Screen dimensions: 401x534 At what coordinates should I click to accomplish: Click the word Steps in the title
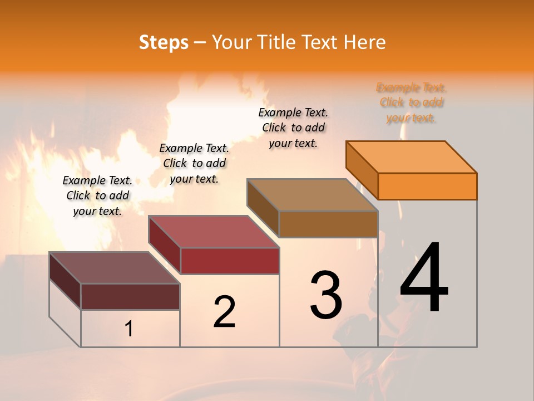[x=164, y=42]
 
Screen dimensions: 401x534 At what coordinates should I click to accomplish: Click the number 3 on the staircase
[x=326, y=295]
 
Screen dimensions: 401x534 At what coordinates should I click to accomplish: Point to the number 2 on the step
[x=225, y=312]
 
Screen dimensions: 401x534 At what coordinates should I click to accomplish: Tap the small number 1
[x=129, y=329]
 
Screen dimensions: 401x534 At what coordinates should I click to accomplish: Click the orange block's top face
[x=412, y=157]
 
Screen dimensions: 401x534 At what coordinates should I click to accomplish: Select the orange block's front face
[x=427, y=186]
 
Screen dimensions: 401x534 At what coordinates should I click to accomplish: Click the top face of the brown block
[x=312, y=195]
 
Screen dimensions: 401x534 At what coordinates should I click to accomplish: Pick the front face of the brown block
[x=328, y=224]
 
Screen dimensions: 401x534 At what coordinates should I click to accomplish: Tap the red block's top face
[x=214, y=232]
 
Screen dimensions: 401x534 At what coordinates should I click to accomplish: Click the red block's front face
[x=230, y=261]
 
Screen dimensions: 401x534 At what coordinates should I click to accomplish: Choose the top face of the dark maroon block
[x=115, y=268]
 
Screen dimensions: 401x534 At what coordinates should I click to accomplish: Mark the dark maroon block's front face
[x=130, y=296]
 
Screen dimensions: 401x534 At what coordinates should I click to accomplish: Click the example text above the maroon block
[x=97, y=196]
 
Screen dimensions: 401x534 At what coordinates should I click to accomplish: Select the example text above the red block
[x=194, y=163]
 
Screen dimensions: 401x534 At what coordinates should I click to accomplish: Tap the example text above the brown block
[x=293, y=128]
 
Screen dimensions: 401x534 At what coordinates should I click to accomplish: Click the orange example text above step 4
[x=412, y=102]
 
